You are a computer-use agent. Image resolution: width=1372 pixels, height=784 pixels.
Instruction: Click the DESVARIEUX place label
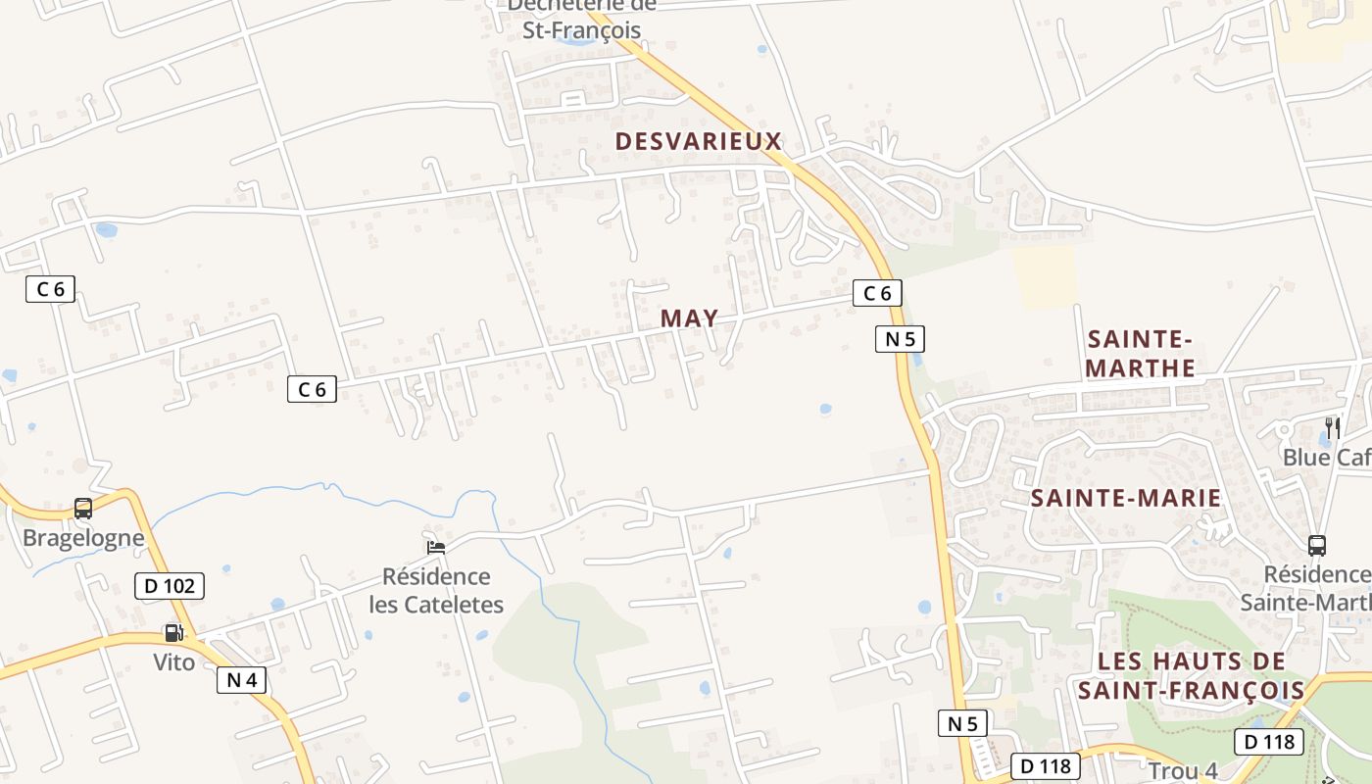pos(699,141)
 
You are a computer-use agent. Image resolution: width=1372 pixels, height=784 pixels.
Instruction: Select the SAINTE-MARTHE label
pos(1142,354)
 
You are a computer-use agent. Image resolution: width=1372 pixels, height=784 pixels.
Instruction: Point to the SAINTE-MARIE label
pos(1126,498)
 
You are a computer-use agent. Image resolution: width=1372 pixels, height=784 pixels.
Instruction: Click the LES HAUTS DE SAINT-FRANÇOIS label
pos(1192,675)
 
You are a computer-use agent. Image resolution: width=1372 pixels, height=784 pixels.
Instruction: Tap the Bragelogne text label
pos(83,538)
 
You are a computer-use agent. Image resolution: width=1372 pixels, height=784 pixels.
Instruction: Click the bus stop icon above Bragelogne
pos(83,509)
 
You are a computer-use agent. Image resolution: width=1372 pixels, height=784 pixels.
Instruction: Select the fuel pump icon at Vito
pos(173,633)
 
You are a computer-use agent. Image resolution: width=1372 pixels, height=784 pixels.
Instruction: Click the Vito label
pos(173,662)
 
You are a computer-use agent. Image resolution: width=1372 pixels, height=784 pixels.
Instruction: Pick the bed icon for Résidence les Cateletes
pos(436,547)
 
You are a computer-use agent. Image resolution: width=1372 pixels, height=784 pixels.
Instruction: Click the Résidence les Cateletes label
pos(436,590)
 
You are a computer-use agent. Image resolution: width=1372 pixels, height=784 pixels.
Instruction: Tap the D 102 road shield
pos(170,586)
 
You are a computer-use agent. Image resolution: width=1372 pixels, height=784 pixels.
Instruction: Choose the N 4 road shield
pos(241,680)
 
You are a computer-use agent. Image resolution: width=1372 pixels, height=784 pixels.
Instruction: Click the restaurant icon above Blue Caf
pos(1333,427)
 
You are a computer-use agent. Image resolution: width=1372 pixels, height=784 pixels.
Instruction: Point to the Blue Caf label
pos(1327,458)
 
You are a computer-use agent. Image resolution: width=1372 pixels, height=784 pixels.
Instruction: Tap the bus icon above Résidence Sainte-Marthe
pos(1317,546)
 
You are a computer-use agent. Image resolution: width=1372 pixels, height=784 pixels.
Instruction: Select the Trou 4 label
pos(1182,771)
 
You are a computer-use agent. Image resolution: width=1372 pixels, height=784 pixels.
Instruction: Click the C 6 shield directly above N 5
pos(877,292)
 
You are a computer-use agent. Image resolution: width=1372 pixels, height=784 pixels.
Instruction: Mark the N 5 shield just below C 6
pos(900,339)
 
